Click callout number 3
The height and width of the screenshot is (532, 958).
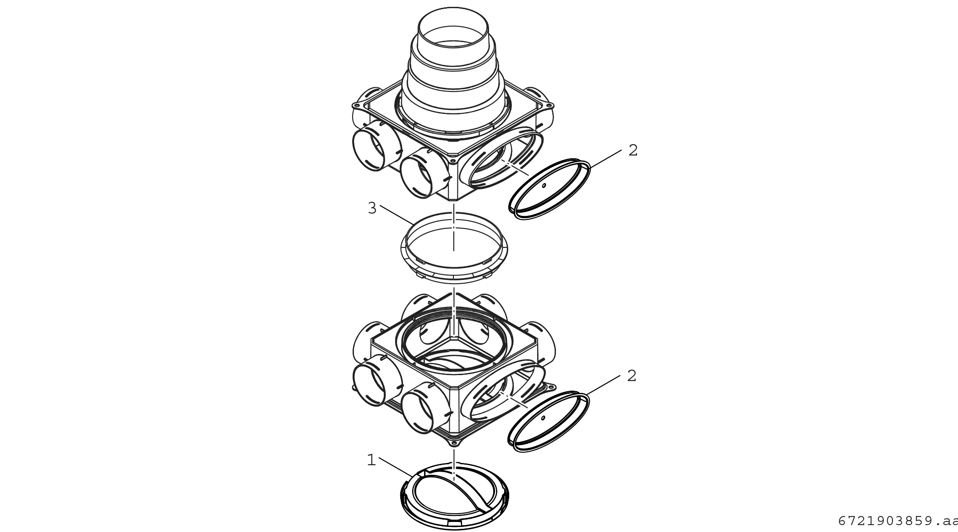[372, 208]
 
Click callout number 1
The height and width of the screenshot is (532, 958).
[371, 460]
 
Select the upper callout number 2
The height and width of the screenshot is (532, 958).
[633, 150]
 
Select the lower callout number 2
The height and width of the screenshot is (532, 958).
[632, 376]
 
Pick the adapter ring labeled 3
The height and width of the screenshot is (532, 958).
[454, 247]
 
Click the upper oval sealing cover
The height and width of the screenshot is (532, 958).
[550, 188]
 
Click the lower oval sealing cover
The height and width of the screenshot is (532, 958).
[549, 421]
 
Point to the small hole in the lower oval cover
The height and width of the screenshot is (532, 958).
[543, 418]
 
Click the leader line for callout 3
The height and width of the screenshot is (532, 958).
[397, 215]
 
